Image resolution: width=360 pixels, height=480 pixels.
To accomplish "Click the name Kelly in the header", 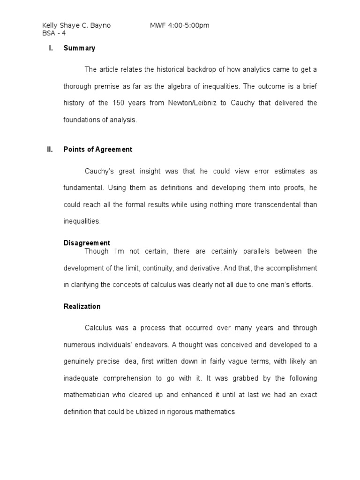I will point(50,25).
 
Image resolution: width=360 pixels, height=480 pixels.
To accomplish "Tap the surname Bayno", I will point(100,25).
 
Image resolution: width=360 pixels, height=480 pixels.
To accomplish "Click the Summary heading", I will point(79,48).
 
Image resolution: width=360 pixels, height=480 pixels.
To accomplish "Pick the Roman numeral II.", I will point(50,150).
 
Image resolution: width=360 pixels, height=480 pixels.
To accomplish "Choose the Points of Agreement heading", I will point(98,150).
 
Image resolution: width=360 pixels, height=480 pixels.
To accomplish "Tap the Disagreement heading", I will point(87,243).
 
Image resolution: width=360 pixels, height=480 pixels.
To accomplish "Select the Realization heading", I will point(82,307).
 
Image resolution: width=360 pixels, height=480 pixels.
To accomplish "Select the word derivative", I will point(220,268).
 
